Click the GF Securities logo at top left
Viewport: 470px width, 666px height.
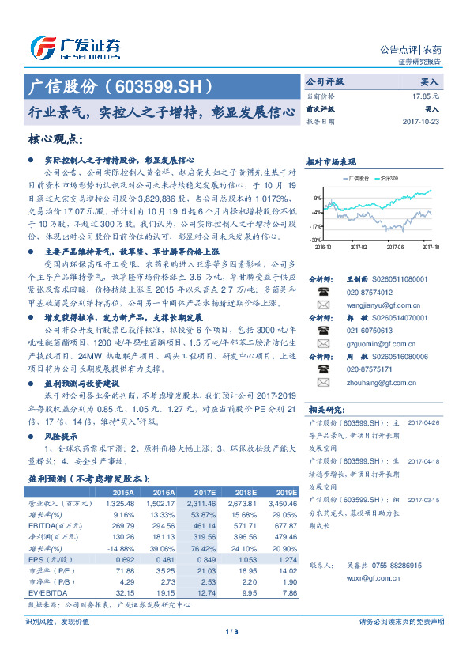pos(74,47)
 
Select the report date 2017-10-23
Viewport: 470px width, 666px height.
pos(422,122)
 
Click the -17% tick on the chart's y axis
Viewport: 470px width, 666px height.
pos(315,225)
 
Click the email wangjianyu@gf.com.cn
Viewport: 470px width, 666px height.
pos(370,304)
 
